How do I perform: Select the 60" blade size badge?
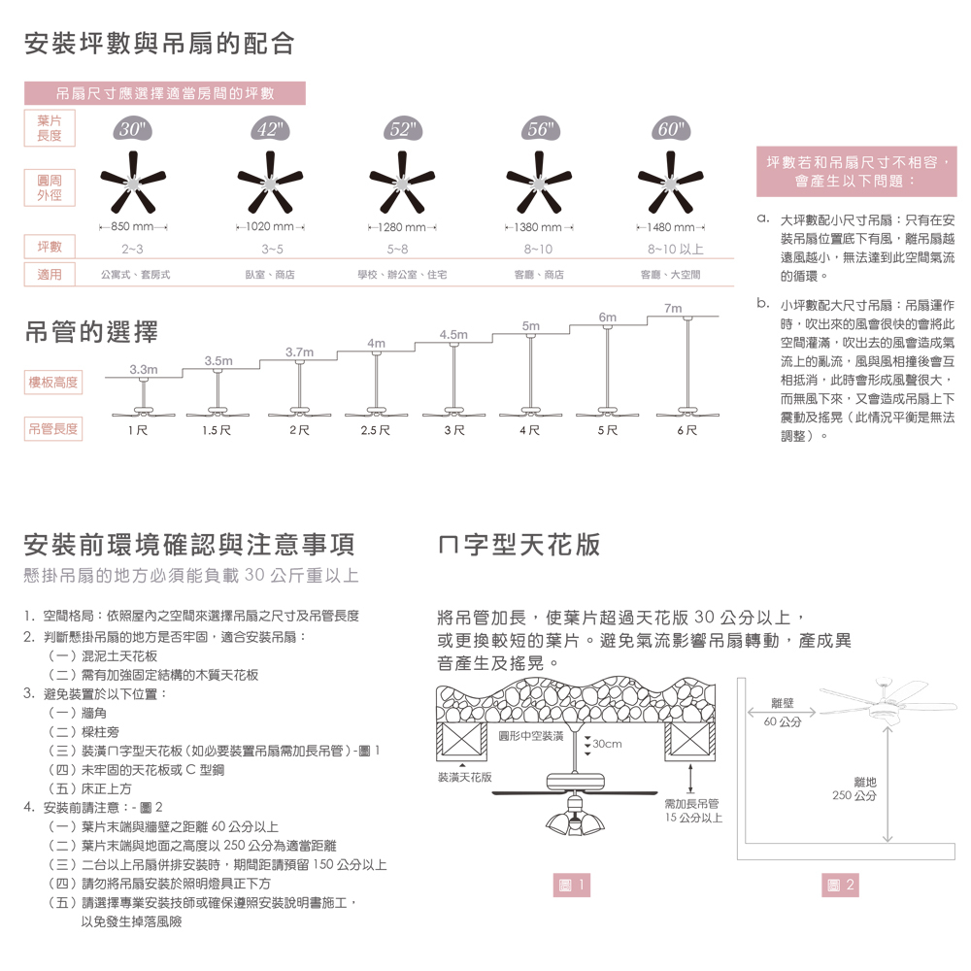(669, 130)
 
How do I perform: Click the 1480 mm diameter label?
(669, 227)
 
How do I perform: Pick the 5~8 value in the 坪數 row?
(397, 250)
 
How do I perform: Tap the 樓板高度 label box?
(54, 383)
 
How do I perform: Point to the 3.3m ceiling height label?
(143, 369)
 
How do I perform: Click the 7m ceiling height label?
(673, 308)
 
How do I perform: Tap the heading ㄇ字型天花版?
(519, 544)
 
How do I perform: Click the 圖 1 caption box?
(570, 885)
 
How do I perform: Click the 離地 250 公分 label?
(854, 787)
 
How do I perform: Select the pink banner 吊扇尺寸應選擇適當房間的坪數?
(164, 93)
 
